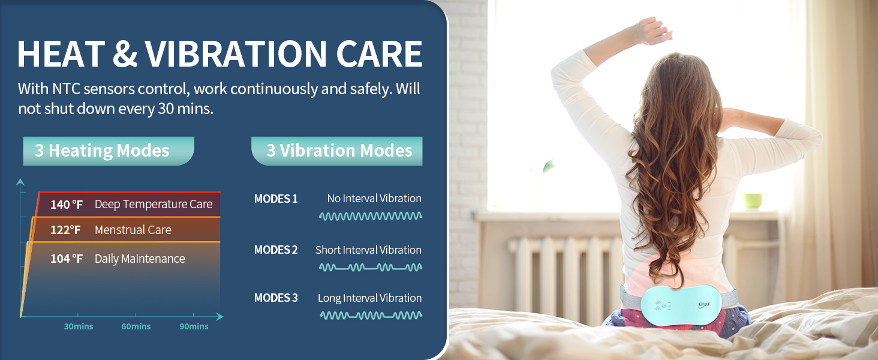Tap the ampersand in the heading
(x=125, y=53)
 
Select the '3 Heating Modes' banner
(x=109, y=151)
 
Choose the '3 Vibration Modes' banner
(x=336, y=151)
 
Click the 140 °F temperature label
(x=67, y=205)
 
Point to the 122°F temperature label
(x=65, y=230)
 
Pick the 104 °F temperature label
(x=67, y=259)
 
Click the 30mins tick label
(x=79, y=326)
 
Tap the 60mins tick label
(x=136, y=326)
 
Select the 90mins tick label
(x=194, y=326)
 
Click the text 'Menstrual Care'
(x=133, y=230)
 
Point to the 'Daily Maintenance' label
(x=140, y=259)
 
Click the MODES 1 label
(x=276, y=199)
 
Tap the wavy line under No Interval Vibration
(x=371, y=216)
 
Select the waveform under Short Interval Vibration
(x=371, y=268)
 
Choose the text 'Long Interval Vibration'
(x=369, y=298)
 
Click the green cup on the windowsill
(x=752, y=201)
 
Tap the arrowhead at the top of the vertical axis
(x=20, y=182)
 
